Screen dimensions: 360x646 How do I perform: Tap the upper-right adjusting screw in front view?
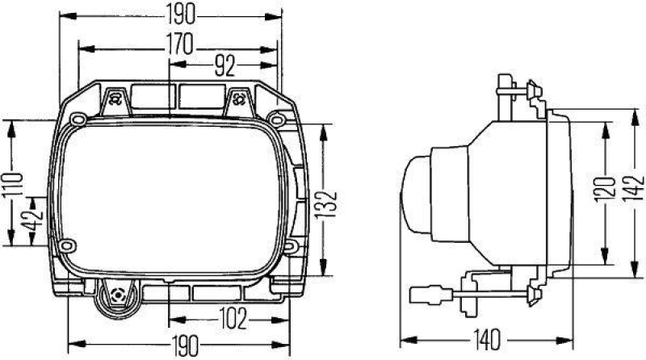[x=239, y=99]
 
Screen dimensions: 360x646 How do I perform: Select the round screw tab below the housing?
[x=119, y=297]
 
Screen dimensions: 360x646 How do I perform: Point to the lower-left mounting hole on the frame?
[x=69, y=245]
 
